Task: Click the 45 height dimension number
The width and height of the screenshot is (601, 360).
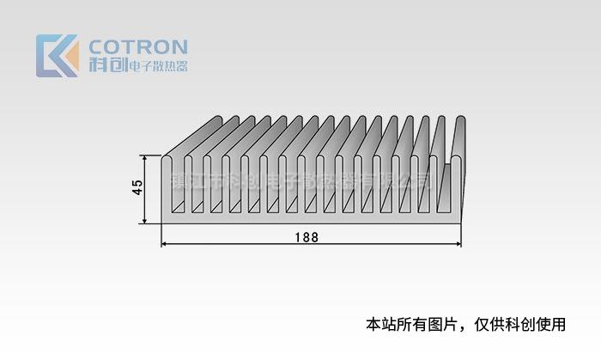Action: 137,188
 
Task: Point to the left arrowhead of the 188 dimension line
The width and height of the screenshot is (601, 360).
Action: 164,245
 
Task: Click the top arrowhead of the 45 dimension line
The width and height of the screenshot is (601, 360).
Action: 146,159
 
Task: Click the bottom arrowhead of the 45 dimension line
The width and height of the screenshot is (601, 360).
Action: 146,221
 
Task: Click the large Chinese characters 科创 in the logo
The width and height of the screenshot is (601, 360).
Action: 107,66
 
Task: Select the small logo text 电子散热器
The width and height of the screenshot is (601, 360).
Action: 157,67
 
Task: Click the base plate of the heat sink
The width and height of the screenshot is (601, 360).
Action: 309,217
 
